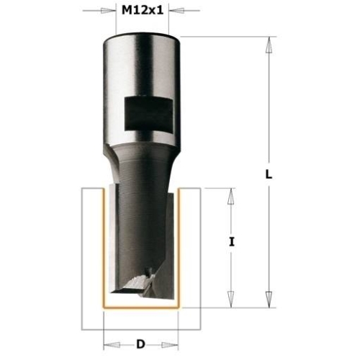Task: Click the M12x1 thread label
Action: coord(143,10)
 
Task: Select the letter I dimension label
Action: coord(231,242)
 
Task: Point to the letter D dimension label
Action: coord(141,344)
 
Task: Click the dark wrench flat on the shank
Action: coord(148,114)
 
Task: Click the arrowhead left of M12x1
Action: coord(108,11)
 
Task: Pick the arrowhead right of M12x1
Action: coord(176,11)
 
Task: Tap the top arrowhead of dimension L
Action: coord(269,45)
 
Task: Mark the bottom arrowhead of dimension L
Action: coord(269,300)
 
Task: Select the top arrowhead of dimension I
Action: coord(231,196)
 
